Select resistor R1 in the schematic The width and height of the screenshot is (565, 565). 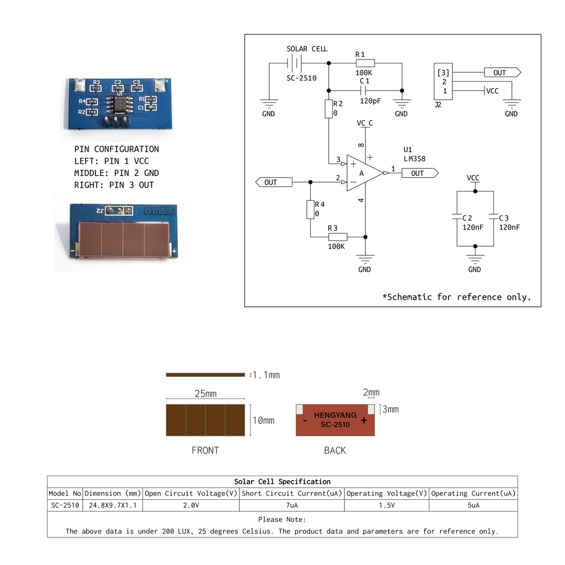[x=365, y=63]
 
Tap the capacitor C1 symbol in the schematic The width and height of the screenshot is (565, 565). [x=364, y=90]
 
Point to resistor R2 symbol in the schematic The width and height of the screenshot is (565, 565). [x=329, y=109]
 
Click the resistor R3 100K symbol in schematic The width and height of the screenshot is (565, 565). [x=338, y=237]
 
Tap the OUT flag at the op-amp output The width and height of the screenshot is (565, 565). [x=420, y=173]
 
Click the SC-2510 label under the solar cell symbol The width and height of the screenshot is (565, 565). [x=301, y=78]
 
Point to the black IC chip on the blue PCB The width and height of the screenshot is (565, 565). [x=120, y=104]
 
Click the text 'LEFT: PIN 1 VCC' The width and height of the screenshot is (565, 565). [x=111, y=161]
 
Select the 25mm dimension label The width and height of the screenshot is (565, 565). [x=205, y=394]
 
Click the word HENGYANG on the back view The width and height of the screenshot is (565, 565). [x=335, y=415]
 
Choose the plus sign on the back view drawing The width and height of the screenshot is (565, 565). [x=364, y=420]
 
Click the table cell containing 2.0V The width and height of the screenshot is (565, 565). [x=191, y=505]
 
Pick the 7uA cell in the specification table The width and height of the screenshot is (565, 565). [x=292, y=505]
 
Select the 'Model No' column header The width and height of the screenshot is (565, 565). [x=65, y=493]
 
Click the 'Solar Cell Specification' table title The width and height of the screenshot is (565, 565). [x=282, y=482]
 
